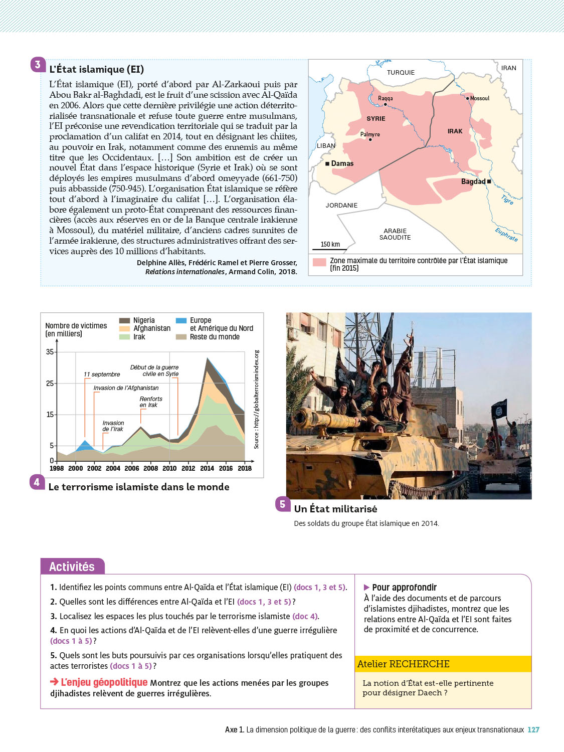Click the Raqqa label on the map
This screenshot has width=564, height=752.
pos(385,98)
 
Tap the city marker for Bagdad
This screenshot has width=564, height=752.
pos(489,181)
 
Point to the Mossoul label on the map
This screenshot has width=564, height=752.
pos(480,98)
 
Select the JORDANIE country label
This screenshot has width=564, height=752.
pos(341,205)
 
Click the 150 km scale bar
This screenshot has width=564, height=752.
pos(330,249)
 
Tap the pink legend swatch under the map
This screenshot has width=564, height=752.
pos(319,262)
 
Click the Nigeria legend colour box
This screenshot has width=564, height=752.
pos(125,320)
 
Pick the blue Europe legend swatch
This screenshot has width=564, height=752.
pos(181,320)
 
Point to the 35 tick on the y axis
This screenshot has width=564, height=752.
pos(50,352)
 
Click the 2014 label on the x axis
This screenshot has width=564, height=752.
pos(207,468)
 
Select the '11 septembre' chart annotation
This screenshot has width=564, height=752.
pos(102,374)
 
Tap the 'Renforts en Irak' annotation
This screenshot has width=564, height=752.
pos(150,402)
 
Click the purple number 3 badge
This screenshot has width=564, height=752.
pos(38,65)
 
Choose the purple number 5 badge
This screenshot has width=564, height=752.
pos(283,504)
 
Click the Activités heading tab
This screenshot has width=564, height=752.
pos(72,567)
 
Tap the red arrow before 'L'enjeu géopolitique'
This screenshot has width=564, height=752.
pos(54,681)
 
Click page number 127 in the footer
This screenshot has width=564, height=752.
pos(533,729)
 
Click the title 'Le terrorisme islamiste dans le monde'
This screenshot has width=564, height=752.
pos(139,487)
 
